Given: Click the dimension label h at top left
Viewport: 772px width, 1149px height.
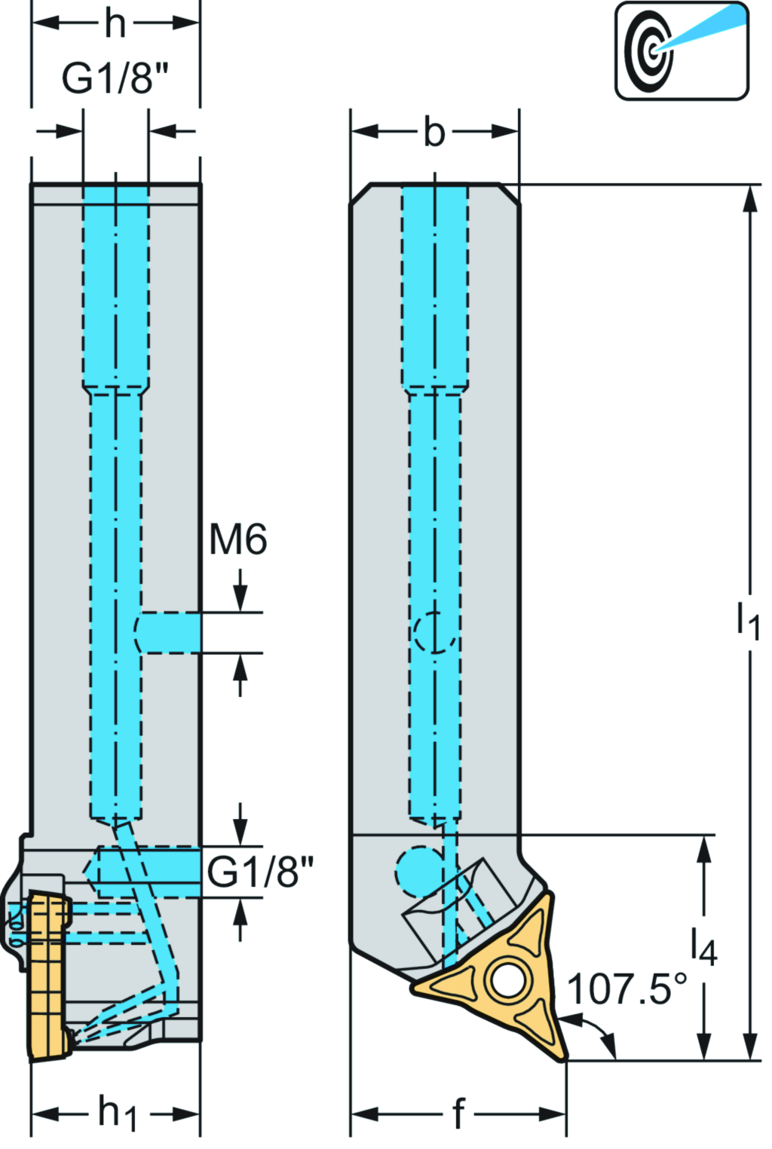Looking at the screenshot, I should (x=115, y=23).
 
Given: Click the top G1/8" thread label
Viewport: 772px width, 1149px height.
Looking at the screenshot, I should (x=115, y=78).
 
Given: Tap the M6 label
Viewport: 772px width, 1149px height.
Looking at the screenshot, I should (x=237, y=539).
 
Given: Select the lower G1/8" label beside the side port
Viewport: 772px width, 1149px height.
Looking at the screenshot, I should (x=259, y=872).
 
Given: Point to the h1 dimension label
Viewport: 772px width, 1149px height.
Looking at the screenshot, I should (x=117, y=1113).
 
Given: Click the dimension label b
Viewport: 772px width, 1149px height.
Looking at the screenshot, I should (x=434, y=133).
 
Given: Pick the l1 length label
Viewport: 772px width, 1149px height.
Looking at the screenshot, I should (x=748, y=619).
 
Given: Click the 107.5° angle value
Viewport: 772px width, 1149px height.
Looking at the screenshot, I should (x=627, y=989).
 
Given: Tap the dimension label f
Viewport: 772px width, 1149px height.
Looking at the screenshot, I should (x=458, y=1113).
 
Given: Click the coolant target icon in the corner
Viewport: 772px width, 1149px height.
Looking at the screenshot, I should (x=682, y=50).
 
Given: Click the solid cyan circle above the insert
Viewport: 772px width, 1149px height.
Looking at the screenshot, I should (x=419, y=872).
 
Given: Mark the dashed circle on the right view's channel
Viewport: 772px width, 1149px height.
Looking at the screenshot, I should (x=435, y=631).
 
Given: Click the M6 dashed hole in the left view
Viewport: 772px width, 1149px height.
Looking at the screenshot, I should (x=167, y=632).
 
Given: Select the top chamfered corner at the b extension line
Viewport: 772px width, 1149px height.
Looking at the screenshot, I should (x=511, y=193).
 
